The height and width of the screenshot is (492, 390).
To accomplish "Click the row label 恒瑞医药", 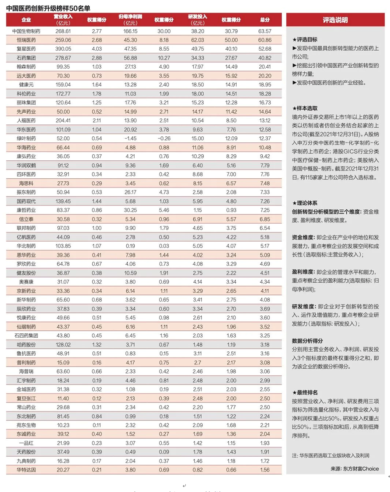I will click(26, 39).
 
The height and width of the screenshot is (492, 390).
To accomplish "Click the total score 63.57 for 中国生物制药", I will click(265, 31).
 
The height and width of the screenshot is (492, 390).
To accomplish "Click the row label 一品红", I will click(26, 443).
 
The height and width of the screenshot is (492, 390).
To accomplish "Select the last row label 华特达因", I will click(26, 470).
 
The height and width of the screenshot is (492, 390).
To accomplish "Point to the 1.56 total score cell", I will click(265, 470).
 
